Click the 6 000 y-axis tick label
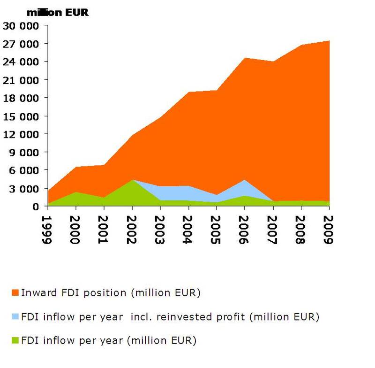(24, 170)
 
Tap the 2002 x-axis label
(133, 230)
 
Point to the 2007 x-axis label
(272, 230)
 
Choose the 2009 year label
(328, 230)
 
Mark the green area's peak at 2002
(133, 180)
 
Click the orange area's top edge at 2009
(328, 41)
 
